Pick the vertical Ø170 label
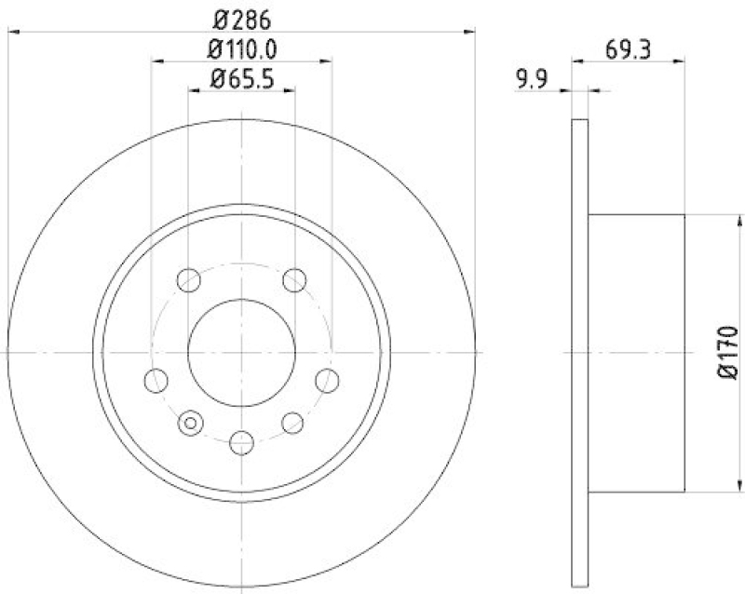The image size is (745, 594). (729, 352)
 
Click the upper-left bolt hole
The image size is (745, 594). (189, 278)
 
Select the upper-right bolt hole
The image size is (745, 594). (295, 278)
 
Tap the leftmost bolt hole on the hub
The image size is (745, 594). (157, 380)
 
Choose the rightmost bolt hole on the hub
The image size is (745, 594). (327, 380)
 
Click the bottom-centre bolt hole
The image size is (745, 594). (242, 442)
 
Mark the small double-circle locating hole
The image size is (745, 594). (191, 424)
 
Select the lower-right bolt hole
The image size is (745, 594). (293, 424)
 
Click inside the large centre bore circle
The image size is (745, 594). (242, 352)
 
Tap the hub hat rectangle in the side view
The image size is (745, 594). (637, 352)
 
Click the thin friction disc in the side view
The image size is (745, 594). (579, 352)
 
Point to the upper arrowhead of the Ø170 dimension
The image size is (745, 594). (741, 220)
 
